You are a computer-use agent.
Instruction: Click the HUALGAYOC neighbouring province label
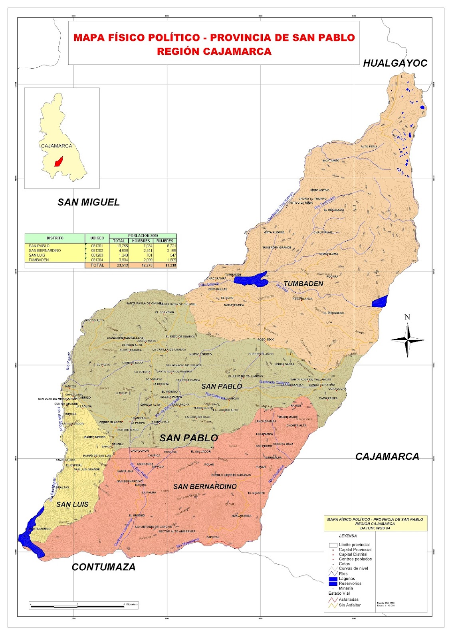pyautogui.click(x=395, y=63)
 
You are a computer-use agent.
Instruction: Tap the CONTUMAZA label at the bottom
pyautogui.click(x=103, y=567)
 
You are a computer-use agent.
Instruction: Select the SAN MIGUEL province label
pyautogui.click(x=88, y=202)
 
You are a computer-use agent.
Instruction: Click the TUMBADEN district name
pyautogui.click(x=303, y=284)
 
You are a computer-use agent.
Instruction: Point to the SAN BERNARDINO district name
pyautogui.click(x=205, y=486)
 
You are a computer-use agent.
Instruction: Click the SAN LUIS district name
pyautogui.click(x=72, y=504)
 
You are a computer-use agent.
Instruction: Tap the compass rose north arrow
pyautogui.click(x=407, y=340)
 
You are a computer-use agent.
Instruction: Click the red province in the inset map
pyautogui.click(x=58, y=161)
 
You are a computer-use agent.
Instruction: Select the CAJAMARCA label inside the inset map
pyautogui.click(x=57, y=146)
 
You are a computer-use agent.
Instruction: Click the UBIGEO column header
pyautogui.click(x=97, y=238)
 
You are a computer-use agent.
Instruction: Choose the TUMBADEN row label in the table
pyautogui.click(x=39, y=260)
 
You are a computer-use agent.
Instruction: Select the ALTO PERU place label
pyautogui.click(x=369, y=147)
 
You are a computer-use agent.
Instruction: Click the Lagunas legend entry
pyautogui.click(x=346, y=578)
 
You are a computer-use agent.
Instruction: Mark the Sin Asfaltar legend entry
pyautogui.click(x=349, y=605)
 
